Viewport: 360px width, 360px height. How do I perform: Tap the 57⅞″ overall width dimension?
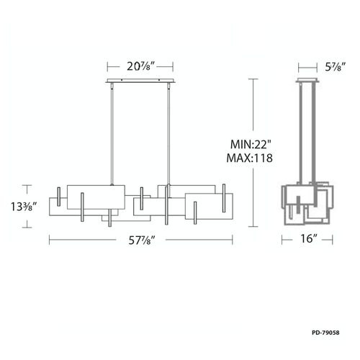pyautogui.click(x=142, y=240)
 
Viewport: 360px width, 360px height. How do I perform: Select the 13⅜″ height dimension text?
pyautogui.click(x=24, y=207)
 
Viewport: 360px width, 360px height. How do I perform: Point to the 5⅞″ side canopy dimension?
pyautogui.click(x=336, y=67)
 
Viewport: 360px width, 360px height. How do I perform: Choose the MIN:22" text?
pyautogui.click(x=251, y=145)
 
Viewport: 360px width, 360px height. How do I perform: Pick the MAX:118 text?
pyautogui.click(x=250, y=158)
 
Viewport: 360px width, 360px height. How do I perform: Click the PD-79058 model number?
pyautogui.click(x=325, y=333)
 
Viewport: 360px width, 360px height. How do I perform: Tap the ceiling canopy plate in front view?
pyautogui.click(x=140, y=81)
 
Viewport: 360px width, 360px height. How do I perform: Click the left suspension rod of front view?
pyautogui.click(x=112, y=134)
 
